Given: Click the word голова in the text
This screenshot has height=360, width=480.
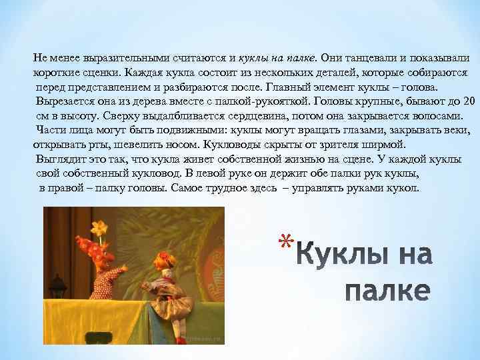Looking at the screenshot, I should (x=417, y=87).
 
